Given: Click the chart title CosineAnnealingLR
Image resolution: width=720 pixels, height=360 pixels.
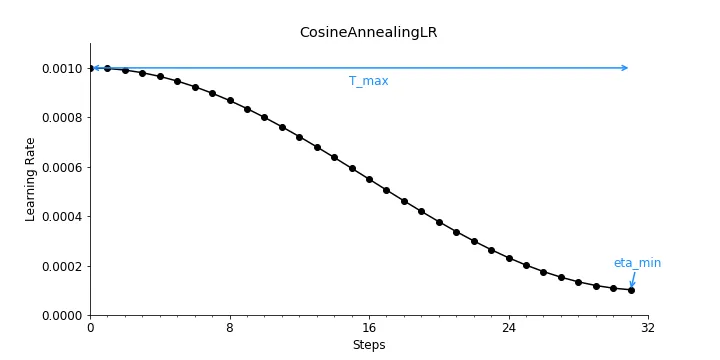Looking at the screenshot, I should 368,32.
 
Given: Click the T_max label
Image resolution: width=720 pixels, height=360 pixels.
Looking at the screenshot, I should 368,81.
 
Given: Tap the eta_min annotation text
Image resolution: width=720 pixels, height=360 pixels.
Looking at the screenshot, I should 637,263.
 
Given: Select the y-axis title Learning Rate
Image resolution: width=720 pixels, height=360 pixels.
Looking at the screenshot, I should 31,179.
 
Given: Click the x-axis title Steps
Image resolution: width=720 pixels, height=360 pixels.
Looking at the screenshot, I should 368,345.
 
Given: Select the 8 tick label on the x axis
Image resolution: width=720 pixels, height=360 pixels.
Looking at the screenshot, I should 229,328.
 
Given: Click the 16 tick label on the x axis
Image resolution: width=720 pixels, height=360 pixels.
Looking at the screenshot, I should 369,328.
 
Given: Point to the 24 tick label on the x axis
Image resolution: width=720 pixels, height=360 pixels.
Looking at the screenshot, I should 508,328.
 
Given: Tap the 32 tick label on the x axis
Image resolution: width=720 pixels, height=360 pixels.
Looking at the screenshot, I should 648,328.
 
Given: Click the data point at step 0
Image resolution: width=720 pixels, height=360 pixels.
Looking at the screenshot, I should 90,68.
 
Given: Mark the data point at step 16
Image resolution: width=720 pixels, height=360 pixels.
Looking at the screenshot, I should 369,179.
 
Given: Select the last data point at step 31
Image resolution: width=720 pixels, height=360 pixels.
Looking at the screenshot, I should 631,290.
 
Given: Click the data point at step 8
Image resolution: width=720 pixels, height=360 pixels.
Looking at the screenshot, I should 229,100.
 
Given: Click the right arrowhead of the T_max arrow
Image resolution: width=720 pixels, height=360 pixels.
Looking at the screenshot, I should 625,68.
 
